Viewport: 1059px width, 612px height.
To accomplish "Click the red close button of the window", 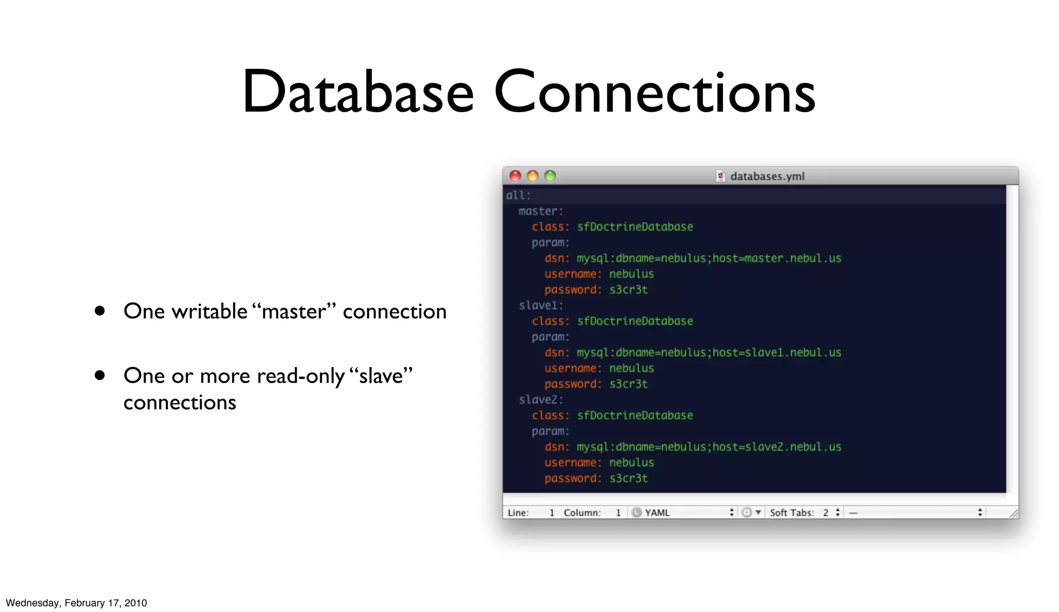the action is tap(515, 176).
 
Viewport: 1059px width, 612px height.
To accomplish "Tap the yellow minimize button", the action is tap(533, 176).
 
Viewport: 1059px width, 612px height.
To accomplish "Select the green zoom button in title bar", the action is tap(550, 176).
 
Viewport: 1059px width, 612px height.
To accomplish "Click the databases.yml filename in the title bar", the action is tap(767, 176).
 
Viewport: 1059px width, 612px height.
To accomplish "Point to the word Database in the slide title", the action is tap(358, 92).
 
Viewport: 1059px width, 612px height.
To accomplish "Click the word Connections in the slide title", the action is tap(655, 92).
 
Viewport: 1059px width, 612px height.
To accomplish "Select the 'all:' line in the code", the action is tap(518, 195).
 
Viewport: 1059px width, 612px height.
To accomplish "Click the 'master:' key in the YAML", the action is tap(540, 211).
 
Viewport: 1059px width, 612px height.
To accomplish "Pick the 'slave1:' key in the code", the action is tap(540, 305).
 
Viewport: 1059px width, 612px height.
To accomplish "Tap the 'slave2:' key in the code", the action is tap(540, 400).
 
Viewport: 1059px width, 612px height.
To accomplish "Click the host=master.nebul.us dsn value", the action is tap(708, 258).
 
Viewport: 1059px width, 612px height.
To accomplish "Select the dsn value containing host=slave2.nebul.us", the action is tap(708, 447).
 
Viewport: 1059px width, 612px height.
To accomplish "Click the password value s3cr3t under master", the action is tap(628, 289).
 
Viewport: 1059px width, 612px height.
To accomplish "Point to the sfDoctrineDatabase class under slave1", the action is tap(635, 321).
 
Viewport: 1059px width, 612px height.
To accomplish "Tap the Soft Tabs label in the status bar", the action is tap(792, 512).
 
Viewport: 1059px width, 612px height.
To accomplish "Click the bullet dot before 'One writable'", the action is tap(100, 311).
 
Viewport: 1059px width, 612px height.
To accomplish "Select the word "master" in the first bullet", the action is tap(294, 311).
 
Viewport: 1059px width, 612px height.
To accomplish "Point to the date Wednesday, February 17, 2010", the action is tap(77, 603).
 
